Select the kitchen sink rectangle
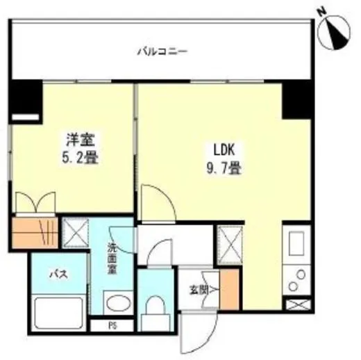[296, 244]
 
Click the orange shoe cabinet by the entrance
[228, 288]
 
